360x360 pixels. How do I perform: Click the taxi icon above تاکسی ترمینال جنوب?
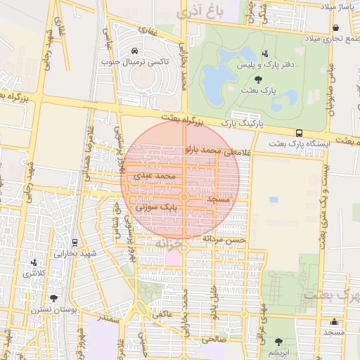(134, 51)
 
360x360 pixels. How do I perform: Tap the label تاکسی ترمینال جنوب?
(146, 62)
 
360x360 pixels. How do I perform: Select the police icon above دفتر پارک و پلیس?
(264, 54)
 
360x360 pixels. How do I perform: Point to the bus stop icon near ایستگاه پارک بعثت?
(300, 133)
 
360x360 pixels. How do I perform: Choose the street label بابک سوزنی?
(161, 207)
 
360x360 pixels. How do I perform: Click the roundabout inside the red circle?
(184, 198)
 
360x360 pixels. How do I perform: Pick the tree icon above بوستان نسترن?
(53, 298)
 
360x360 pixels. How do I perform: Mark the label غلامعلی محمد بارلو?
(212, 150)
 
